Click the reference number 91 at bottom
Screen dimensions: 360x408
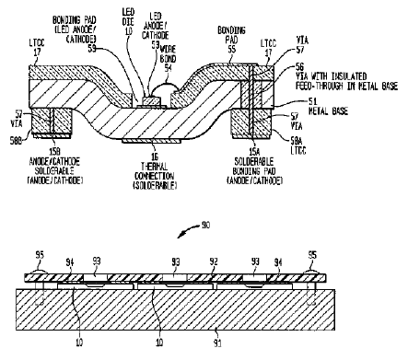(215, 347)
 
